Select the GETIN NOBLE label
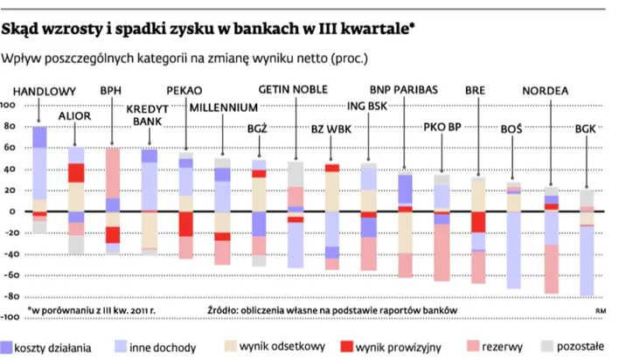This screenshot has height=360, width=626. click(x=295, y=90)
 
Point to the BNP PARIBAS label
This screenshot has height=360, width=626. click(x=405, y=90)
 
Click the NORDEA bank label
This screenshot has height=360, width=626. click(x=546, y=91)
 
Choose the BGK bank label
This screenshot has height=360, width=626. click(x=586, y=128)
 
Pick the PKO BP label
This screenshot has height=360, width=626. click(x=442, y=127)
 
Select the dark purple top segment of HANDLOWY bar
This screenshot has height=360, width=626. click(x=39, y=136)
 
